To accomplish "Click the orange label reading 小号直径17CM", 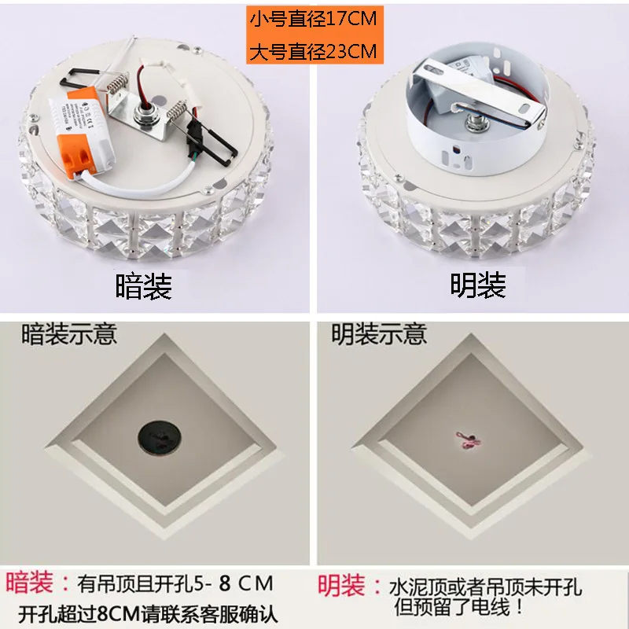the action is pos(314,19).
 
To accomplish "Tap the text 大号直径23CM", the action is pos(314,51).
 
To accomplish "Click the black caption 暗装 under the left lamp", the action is pos(144,286).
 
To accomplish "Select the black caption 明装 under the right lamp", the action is pos(478,285).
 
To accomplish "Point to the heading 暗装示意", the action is pos(69,333).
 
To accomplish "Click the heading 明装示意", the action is pos(379,333).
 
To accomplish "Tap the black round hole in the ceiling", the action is pos(160,438).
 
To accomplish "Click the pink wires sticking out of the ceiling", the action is pos(468,440).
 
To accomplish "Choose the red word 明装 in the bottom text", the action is pos(341,585).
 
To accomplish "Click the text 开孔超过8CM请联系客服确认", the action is pos(148,613).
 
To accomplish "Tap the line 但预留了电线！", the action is pos(460,606).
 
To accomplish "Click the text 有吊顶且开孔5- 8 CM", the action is pos(175,583).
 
